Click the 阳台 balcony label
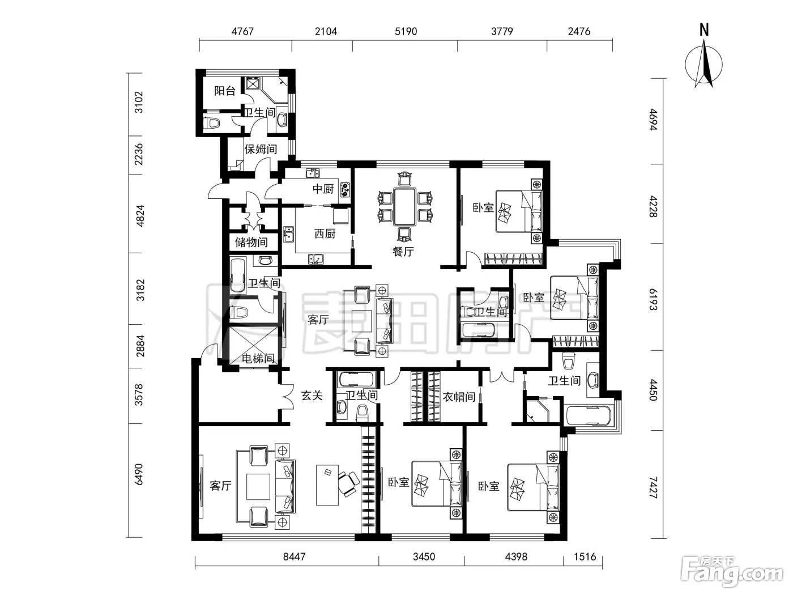click(x=225, y=91)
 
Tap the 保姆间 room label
click(x=261, y=149)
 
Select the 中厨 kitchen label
click(x=323, y=189)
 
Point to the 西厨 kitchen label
click(x=325, y=233)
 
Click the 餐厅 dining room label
click(x=403, y=252)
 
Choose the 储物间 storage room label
click(x=251, y=242)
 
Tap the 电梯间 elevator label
click(x=258, y=358)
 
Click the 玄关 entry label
click(x=312, y=396)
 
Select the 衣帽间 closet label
click(x=459, y=397)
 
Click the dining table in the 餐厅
click(x=405, y=206)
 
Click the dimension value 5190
click(x=406, y=31)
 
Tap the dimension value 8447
click(x=294, y=556)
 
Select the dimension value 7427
click(x=653, y=487)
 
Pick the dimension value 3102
click(x=139, y=102)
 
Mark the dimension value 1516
click(x=585, y=556)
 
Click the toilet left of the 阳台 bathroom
click(x=212, y=123)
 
